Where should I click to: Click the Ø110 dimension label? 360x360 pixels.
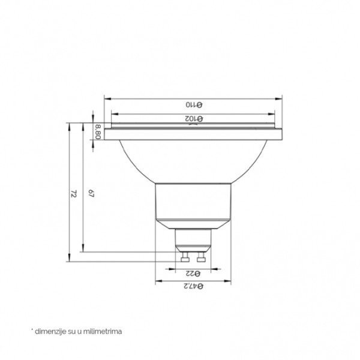[194, 104]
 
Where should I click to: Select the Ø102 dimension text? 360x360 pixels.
[194, 119]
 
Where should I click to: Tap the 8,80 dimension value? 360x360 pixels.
[98, 131]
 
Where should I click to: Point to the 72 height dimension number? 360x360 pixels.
[73, 194]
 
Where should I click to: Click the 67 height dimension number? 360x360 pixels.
[91, 194]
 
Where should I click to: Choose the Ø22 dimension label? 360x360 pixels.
[193, 274]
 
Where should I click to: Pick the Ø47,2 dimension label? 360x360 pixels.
[193, 286]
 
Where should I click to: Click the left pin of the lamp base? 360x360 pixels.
[185, 257]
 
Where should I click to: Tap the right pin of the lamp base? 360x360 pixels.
[201, 257]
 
